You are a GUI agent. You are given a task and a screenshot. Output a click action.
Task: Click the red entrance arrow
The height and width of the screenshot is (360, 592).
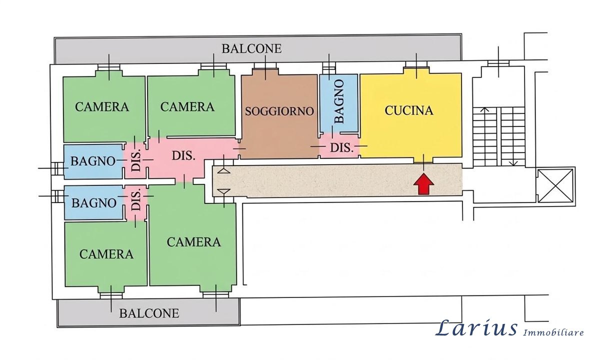click(x=424, y=184)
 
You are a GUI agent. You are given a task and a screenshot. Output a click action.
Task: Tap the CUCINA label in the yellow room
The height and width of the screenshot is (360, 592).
click(x=409, y=110)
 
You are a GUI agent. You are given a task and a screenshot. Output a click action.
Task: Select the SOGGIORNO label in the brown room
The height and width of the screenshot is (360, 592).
click(x=279, y=111)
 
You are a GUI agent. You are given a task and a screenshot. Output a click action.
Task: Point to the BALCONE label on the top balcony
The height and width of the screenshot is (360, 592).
click(x=251, y=48)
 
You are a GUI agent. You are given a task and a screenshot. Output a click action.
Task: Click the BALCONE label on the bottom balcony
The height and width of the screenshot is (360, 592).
click(x=149, y=313)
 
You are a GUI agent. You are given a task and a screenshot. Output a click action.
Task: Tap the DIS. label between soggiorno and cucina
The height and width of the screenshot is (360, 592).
click(x=342, y=147)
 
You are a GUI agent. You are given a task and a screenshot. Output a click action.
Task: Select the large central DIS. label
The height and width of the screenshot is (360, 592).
click(x=183, y=155)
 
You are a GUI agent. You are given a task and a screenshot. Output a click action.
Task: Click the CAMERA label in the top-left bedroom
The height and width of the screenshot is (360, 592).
click(x=102, y=107)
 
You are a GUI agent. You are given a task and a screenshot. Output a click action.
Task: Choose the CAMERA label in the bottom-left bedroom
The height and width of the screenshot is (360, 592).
click(x=106, y=254)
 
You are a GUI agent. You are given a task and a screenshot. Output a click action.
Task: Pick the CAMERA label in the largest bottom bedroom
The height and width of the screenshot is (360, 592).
click(x=193, y=242)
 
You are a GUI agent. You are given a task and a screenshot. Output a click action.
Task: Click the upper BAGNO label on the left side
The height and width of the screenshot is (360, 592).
click(x=93, y=161)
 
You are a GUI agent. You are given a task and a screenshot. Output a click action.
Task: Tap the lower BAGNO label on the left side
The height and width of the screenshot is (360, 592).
click(x=94, y=203)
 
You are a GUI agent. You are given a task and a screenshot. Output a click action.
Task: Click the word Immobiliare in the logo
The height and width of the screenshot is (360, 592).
click(x=553, y=332)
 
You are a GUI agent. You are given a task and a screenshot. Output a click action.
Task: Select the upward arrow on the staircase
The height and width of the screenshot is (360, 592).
click(x=485, y=136)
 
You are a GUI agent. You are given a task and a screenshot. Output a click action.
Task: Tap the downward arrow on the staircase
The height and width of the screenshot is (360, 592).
click(x=513, y=136)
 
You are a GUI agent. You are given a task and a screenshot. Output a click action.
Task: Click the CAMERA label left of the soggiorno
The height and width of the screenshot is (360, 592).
click(x=187, y=107)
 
